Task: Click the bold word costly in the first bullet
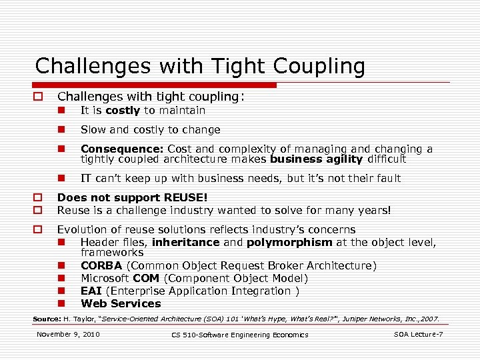point(123,111)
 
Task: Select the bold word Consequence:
point(123,149)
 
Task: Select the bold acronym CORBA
point(102,266)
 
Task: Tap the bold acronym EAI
point(91,291)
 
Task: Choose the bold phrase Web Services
point(121,304)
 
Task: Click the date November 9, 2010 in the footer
point(69,333)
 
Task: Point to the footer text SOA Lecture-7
point(419,333)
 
